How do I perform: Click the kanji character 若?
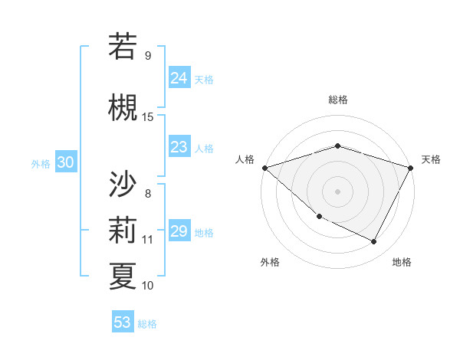pyautogui.click(x=123, y=47)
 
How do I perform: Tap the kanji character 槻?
pyautogui.click(x=123, y=108)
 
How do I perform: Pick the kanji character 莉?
pyautogui.click(x=123, y=230)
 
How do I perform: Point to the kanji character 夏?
pyautogui.click(x=123, y=276)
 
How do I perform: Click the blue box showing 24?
pyautogui.click(x=179, y=77)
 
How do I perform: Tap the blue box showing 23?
pyautogui.click(x=179, y=147)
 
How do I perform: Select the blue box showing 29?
pyautogui.click(x=179, y=231)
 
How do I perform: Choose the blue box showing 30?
pyautogui.click(x=65, y=162)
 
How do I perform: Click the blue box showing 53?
pyautogui.click(x=123, y=322)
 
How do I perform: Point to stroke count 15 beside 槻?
pyautogui.click(x=148, y=116)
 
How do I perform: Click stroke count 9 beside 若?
pyautogui.click(x=147, y=55)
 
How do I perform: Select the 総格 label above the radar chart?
pyautogui.click(x=338, y=100)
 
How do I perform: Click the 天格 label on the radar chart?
pyautogui.click(x=431, y=159)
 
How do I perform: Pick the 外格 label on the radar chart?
pyautogui.click(x=270, y=262)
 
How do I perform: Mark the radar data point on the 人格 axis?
pyautogui.click(x=264, y=167)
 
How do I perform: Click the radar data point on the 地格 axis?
pyautogui.click(x=374, y=242)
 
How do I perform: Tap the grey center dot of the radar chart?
pyautogui.click(x=338, y=191)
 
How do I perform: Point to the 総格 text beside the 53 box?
pyautogui.click(x=147, y=324)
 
